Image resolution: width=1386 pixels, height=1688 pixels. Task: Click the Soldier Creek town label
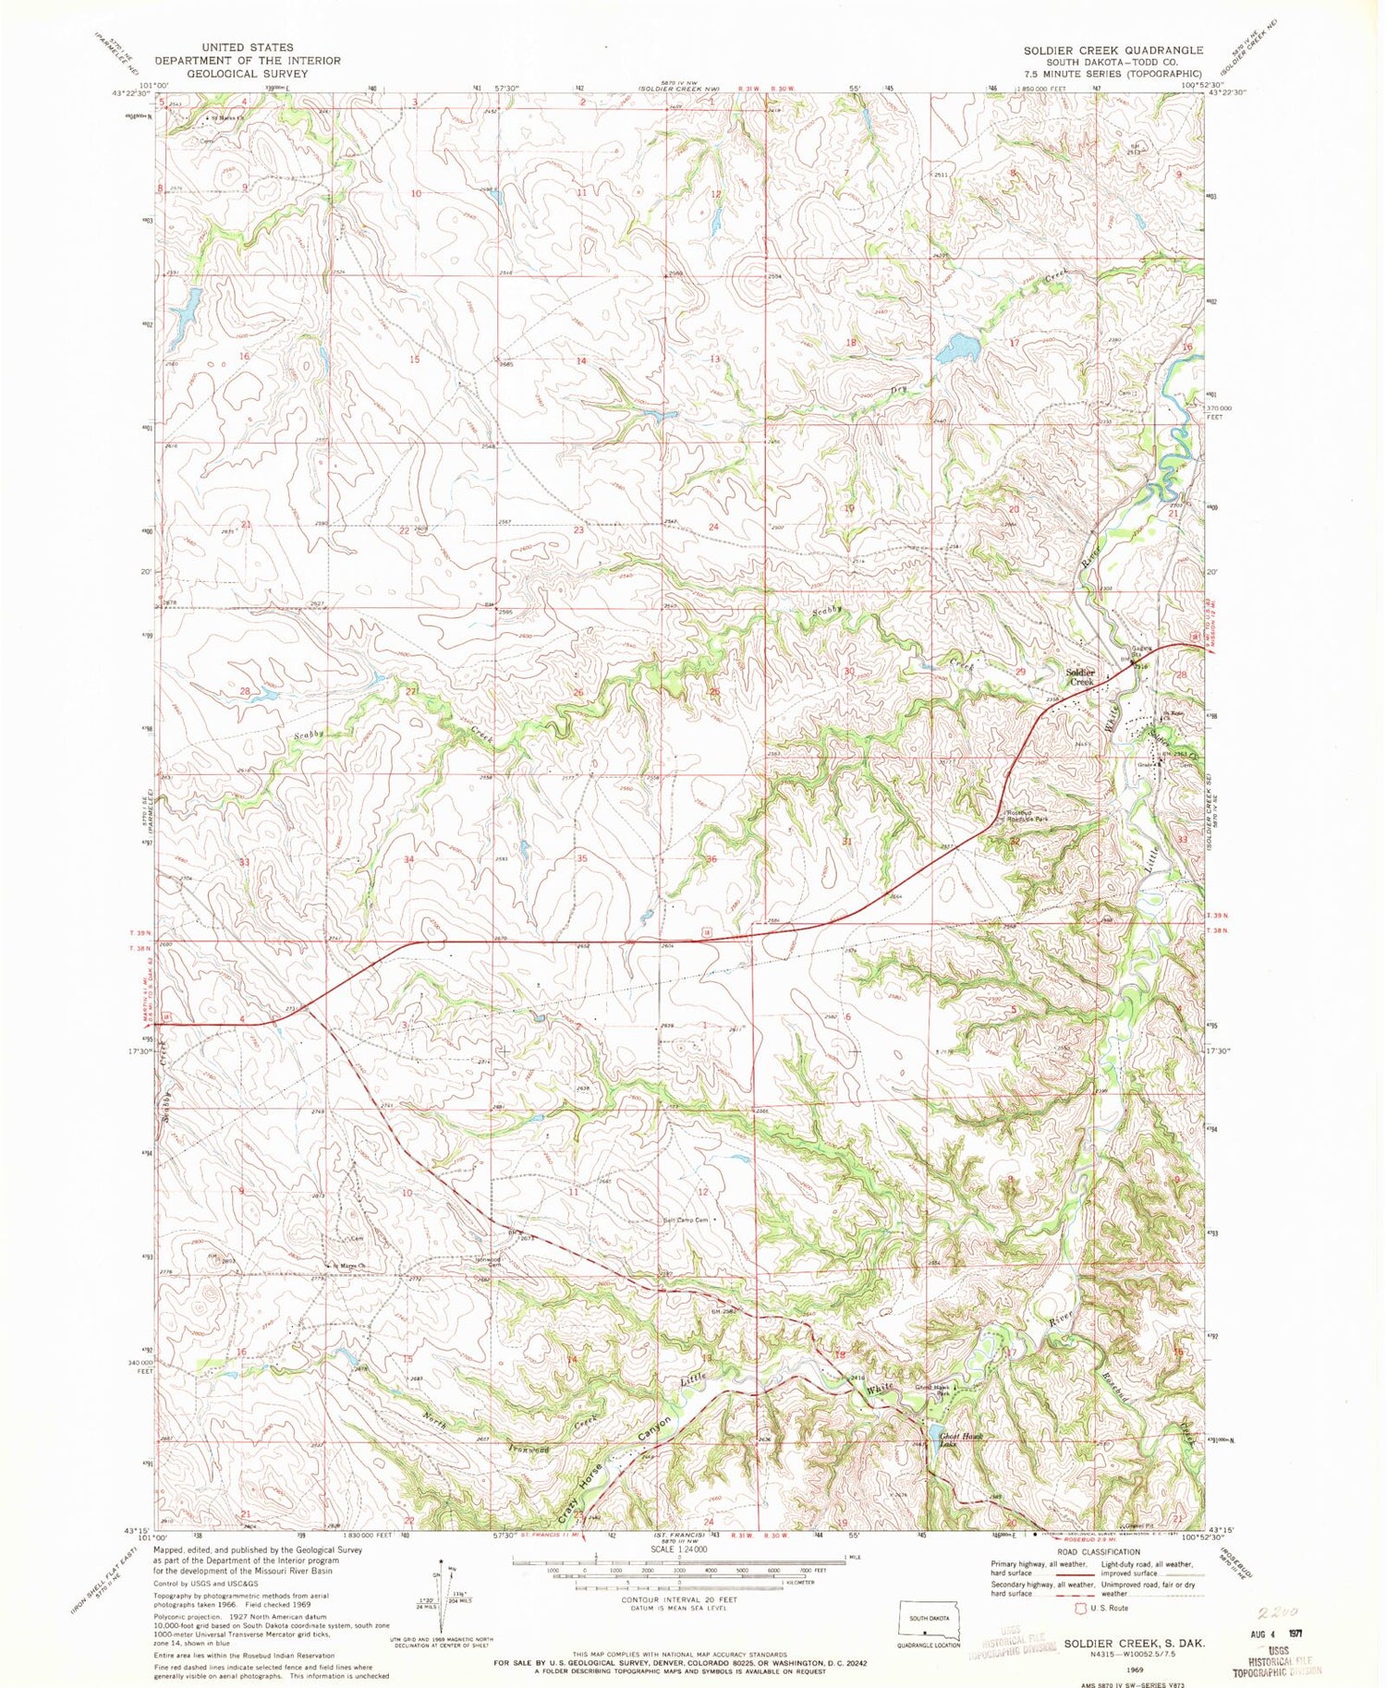(x=1079, y=676)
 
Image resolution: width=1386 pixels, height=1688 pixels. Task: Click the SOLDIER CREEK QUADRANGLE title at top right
(x=1112, y=50)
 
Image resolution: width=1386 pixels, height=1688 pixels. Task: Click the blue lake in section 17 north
(x=957, y=349)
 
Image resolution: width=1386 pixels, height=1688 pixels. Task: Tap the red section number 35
(x=582, y=858)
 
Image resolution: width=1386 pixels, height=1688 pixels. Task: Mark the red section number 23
(x=578, y=530)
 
